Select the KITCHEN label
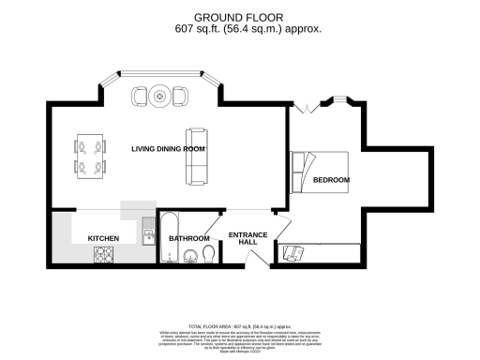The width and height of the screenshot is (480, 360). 103,239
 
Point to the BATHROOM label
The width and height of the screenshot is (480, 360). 188,239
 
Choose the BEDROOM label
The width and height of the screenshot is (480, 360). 331,179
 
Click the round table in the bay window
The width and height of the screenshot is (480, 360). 160,95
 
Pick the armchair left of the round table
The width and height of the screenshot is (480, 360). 140,96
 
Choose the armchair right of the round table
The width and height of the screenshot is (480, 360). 180,96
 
